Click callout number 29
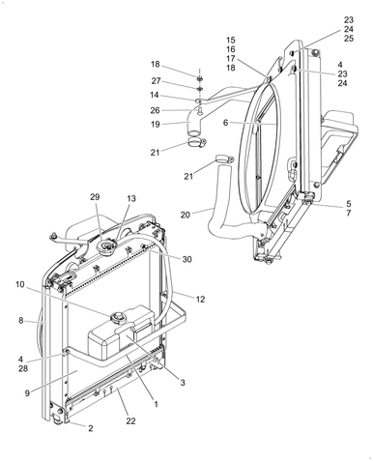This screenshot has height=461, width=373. click(x=96, y=197)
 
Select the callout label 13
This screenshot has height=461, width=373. click(x=131, y=198)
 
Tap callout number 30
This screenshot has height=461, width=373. click(x=187, y=259)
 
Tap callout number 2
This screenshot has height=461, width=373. click(x=90, y=428)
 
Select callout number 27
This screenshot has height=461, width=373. click(x=155, y=81)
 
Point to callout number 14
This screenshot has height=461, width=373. click(x=155, y=96)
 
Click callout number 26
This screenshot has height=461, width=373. click(x=155, y=109)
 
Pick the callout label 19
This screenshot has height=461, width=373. click(x=155, y=124)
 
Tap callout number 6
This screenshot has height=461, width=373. click(x=225, y=123)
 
